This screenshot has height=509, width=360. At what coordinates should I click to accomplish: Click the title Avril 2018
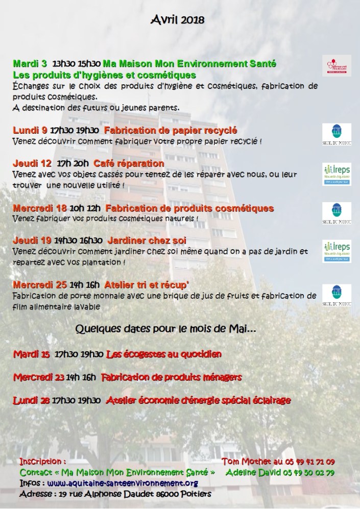(178, 19)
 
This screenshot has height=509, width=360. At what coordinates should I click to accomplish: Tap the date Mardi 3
(30, 64)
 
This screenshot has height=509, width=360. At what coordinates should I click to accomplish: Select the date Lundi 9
(30, 130)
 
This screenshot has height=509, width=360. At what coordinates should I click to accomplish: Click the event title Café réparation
(129, 164)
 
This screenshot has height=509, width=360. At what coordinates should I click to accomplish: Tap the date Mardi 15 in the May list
(32, 354)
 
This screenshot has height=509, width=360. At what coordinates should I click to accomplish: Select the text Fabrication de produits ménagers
(172, 377)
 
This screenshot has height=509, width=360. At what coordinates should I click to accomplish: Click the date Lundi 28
(32, 401)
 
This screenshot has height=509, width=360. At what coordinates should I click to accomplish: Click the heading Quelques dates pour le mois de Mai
(165, 329)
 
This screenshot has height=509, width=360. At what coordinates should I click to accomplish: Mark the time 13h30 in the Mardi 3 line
(63, 64)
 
